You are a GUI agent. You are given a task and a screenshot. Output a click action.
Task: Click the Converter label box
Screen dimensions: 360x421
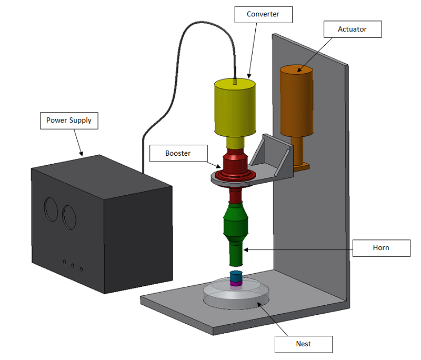click(x=263, y=14)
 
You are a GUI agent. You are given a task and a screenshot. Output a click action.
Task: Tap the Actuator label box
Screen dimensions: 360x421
click(x=352, y=29)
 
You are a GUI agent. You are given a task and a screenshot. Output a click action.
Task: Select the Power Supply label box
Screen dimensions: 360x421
click(x=69, y=121)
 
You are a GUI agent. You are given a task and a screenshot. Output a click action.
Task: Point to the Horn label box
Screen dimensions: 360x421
click(x=381, y=248)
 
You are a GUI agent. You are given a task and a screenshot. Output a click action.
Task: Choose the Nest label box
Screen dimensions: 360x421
click(x=304, y=344)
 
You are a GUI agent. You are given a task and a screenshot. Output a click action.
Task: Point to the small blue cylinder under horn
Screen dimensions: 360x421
click(x=236, y=276)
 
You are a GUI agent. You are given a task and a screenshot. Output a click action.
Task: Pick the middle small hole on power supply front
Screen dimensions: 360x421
click(x=73, y=265)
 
